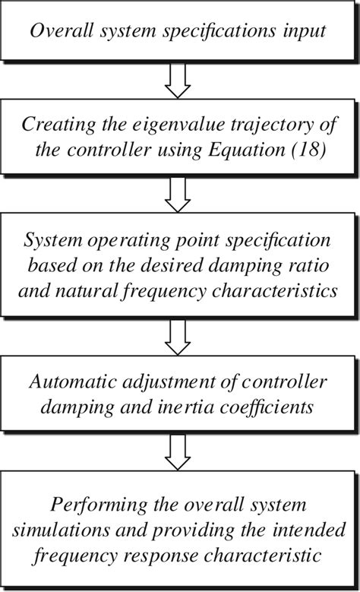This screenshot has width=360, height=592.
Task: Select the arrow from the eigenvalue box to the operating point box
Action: [x=180, y=195]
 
